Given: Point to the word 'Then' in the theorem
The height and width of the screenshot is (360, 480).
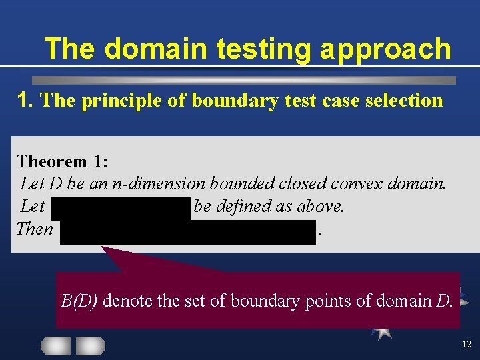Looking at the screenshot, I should [35, 229].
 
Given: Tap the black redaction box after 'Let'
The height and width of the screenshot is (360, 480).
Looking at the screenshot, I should [121, 207].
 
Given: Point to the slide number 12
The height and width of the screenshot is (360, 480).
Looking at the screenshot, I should [466, 345].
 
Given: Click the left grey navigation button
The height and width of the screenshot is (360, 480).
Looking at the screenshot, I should [56, 345].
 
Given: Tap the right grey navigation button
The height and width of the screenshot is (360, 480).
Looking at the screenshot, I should [91, 345].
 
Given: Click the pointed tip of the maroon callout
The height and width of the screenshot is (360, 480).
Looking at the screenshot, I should [103, 249].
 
